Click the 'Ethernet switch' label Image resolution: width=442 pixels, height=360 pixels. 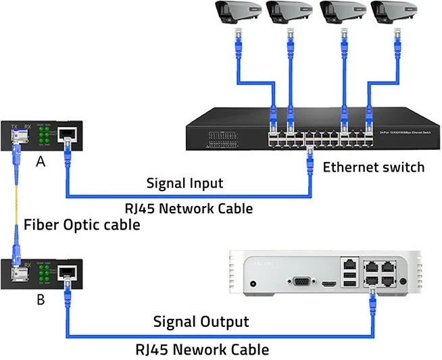pyautogui.click(x=374, y=168)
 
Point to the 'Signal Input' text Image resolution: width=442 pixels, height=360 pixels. pyautogui.click(x=185, y=184)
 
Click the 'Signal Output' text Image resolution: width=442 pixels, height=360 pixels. pyautogui.click(x=201, y=322)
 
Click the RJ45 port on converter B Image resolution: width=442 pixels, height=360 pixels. pyautogui.click(x=67, y=273)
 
